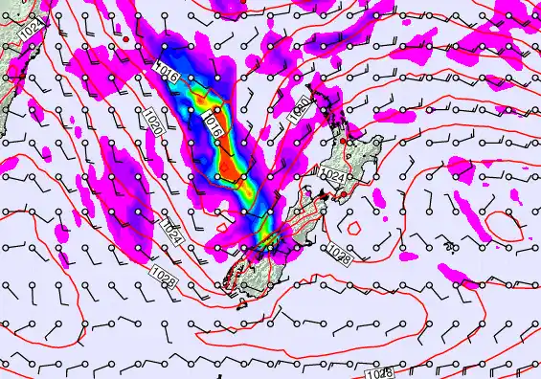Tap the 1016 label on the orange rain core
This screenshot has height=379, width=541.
214,125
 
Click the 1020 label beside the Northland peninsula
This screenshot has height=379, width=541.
299,108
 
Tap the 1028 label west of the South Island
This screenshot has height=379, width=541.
164,274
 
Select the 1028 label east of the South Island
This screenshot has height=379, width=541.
338,252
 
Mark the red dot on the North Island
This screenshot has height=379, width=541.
348,143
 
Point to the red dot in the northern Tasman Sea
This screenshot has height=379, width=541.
125,36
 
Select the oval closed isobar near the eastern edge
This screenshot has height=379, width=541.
506,228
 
